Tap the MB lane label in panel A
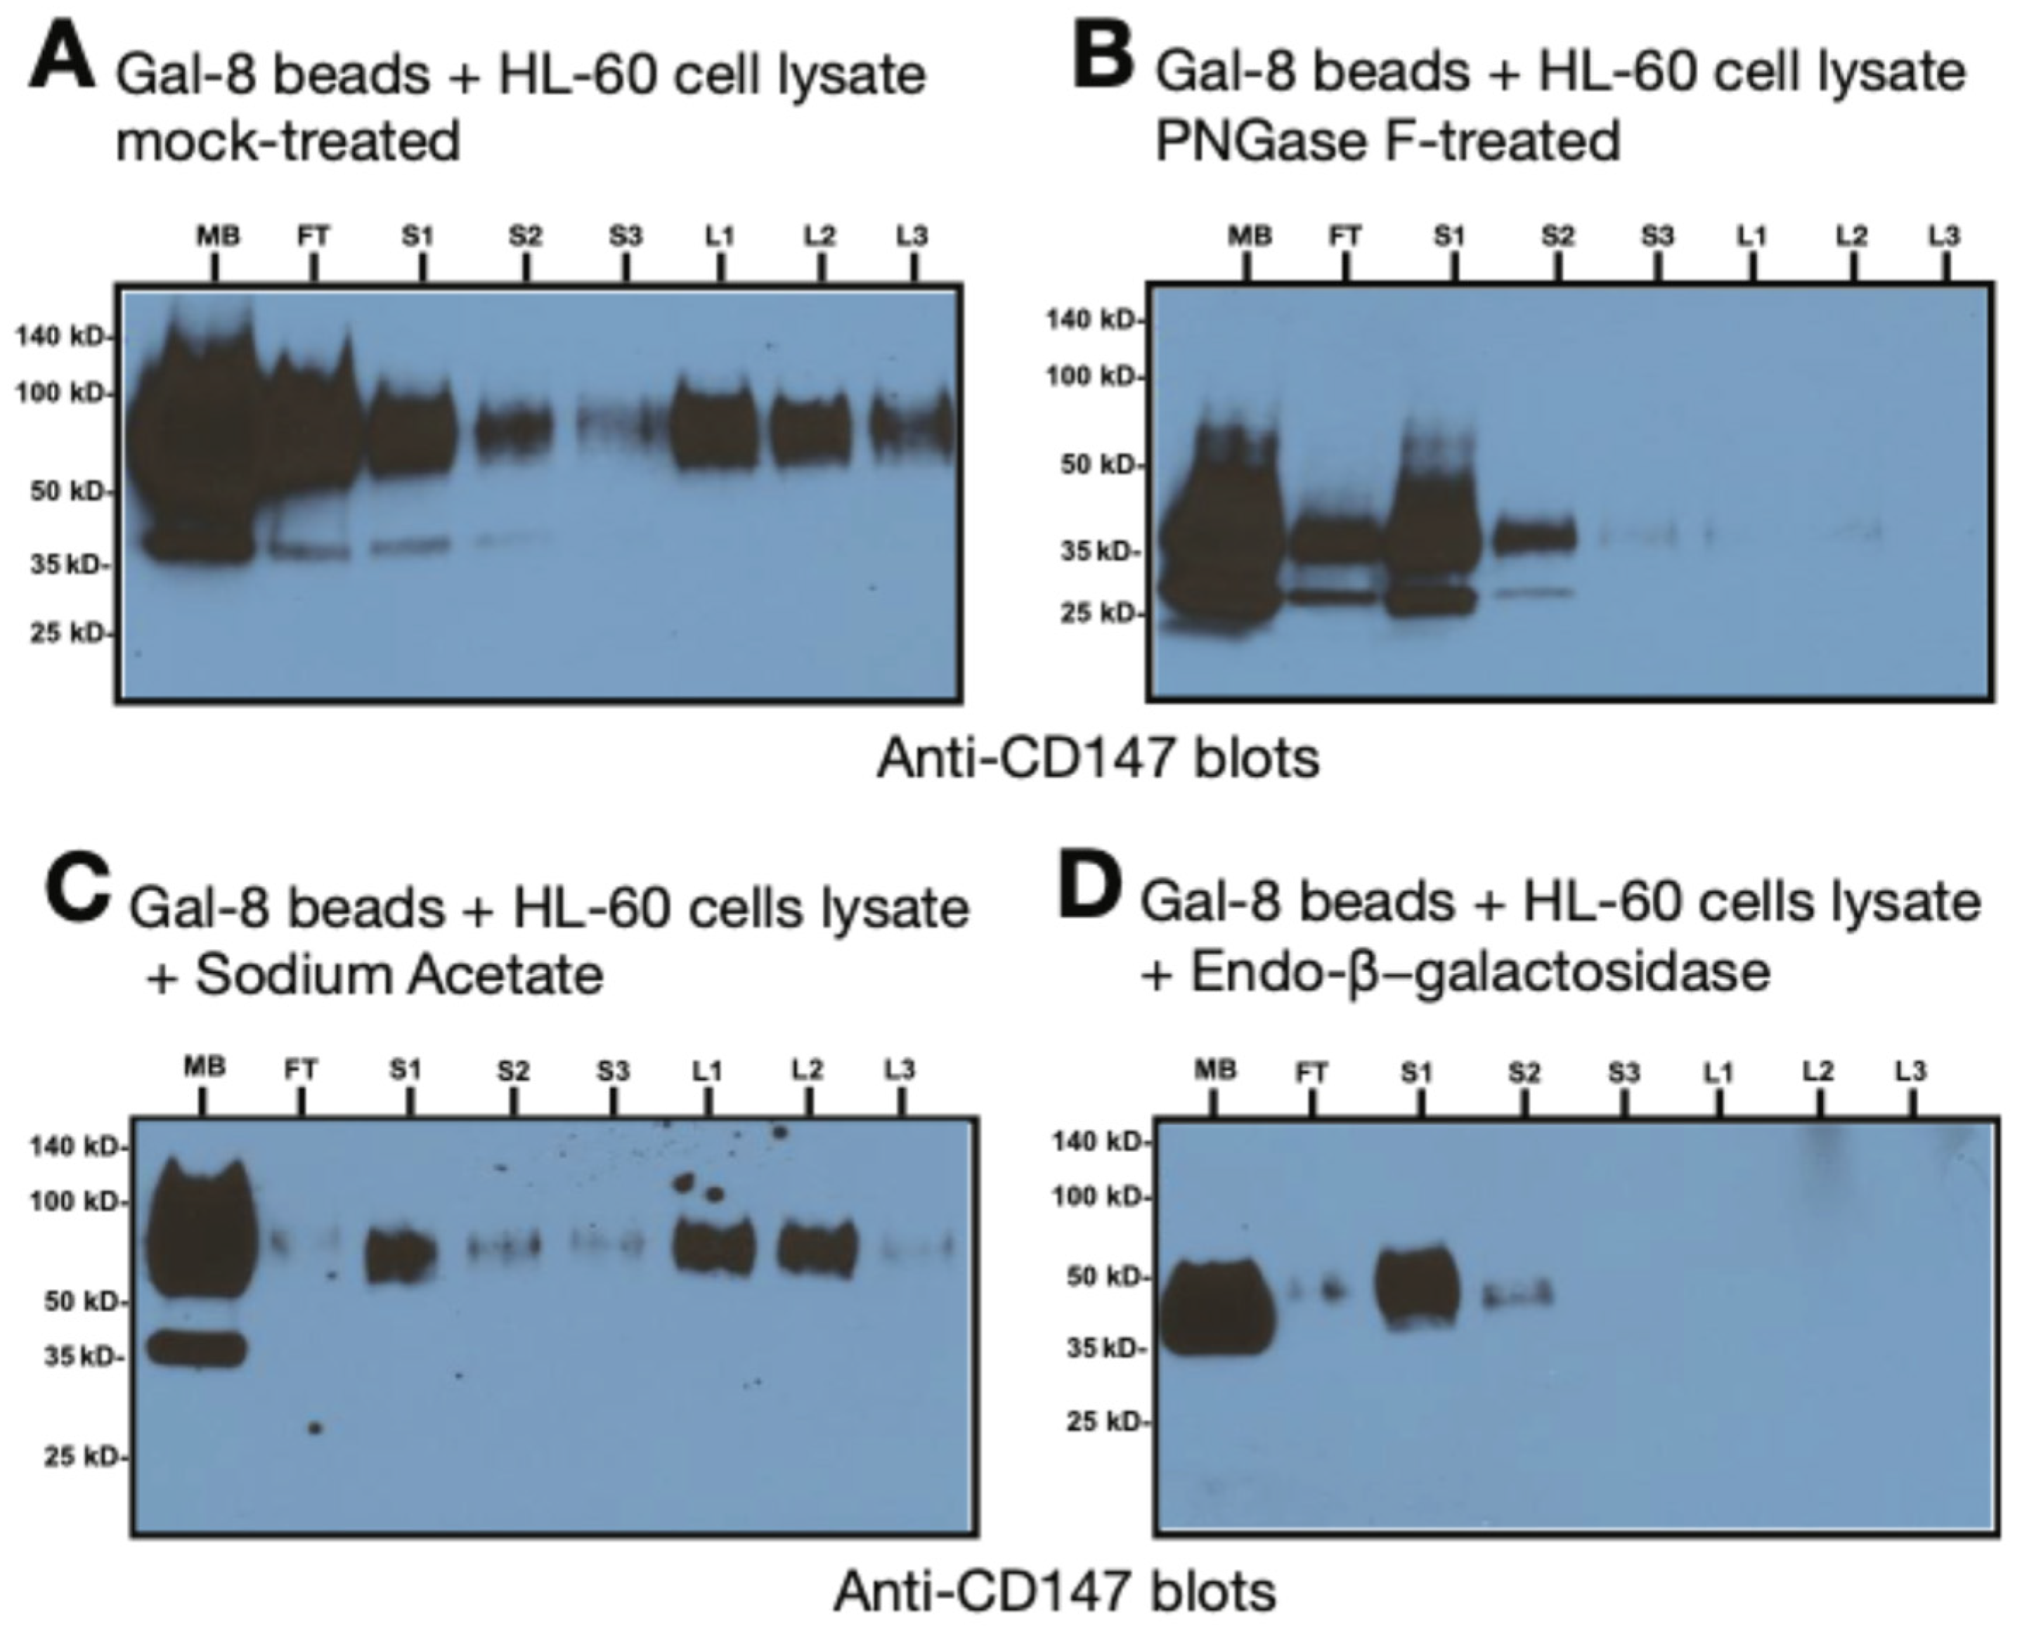[x=218, y=236]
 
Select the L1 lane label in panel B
[x=1751, y=236]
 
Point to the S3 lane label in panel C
[x=614, y=1070]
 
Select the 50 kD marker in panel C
[x=75, y=1301]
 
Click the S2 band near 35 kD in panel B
[x=1534, y=536]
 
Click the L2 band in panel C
[x=818, y=1249]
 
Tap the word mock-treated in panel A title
[x=287, y=143]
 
